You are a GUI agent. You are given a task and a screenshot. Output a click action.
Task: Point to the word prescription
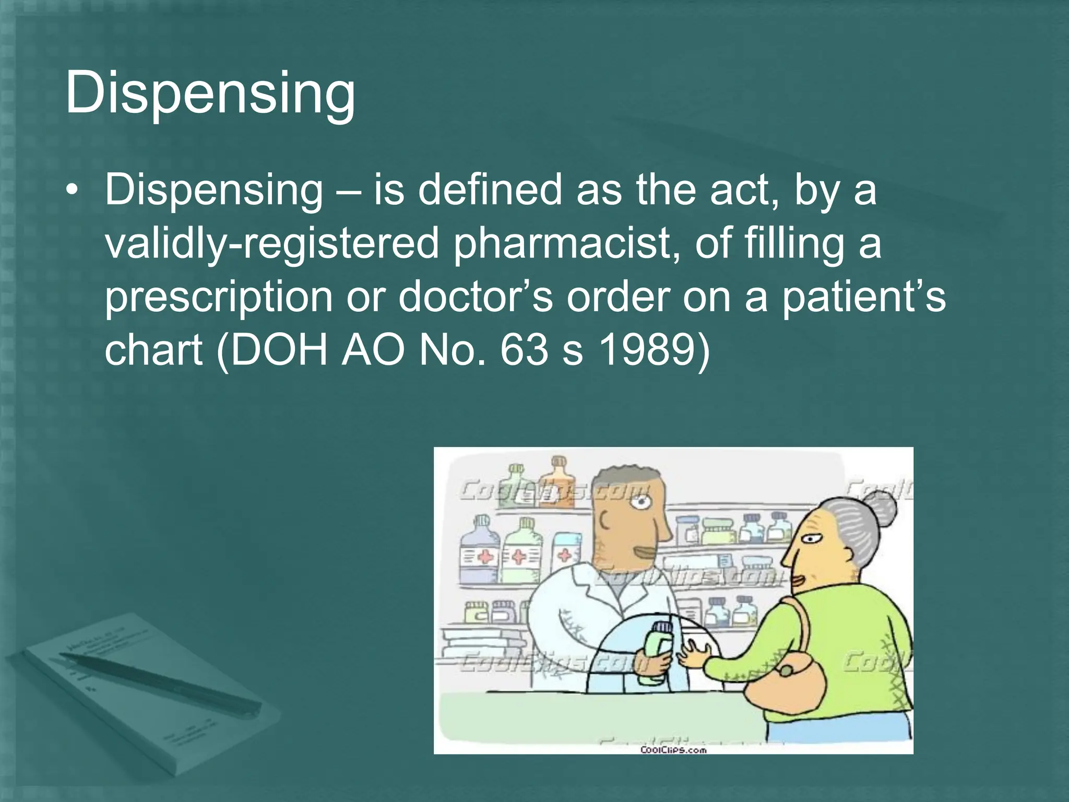(219, 296)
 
